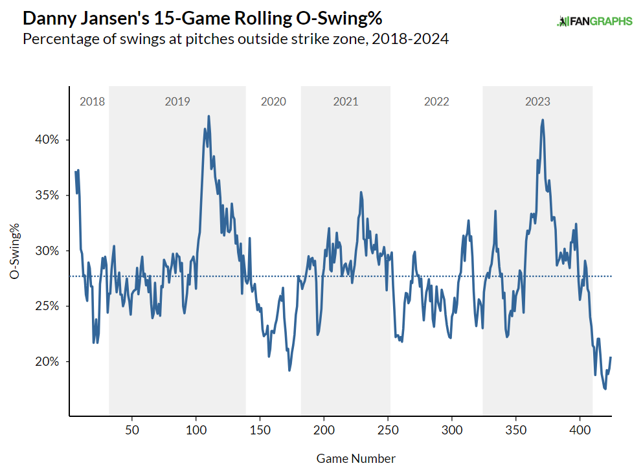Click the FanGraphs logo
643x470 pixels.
tap(594, 21)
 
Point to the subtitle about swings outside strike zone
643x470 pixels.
tap(236, 39)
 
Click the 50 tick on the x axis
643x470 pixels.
tap(132, 430)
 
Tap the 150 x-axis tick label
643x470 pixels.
tap(260, 430)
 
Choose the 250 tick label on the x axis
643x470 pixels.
tap(388, 430)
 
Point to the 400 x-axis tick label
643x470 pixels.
tap(580, 430)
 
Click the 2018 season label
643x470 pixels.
tap(92, 102)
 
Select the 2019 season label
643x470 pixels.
tap(177, 102)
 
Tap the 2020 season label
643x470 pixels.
tap(273, 102)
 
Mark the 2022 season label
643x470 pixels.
tap(436, 102)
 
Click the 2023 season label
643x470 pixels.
tap(537, 102)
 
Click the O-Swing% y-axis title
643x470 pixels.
tap(14, 251)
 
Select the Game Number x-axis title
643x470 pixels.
tap(356, 458)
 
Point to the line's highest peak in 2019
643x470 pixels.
tap(209, 117)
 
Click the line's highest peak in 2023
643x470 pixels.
tap(543, 120)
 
